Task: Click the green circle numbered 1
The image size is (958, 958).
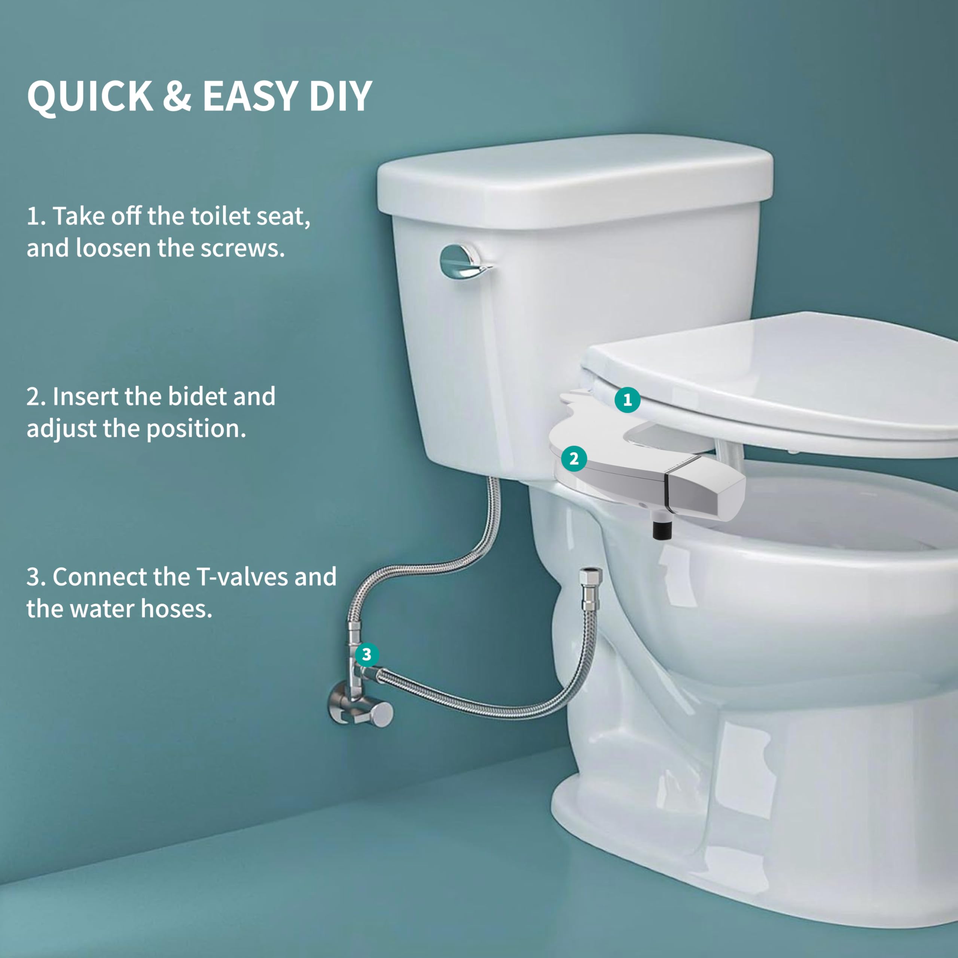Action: click(x=627, y=400)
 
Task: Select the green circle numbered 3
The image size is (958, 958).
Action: click(x=367, y=655)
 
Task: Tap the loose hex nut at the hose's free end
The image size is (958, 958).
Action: click(x=591, y=577)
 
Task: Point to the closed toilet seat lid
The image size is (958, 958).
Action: click(x=793, y=377)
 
